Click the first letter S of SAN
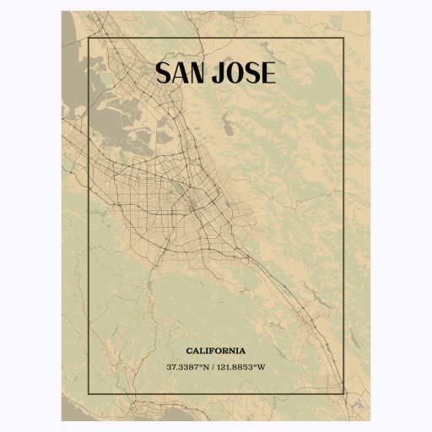[x=164, y=73]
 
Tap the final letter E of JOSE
[x=267, y=73]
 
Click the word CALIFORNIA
[x=216, y=350]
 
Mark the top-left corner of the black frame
[x=89, y=38]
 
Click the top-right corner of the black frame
[x=343, y=38]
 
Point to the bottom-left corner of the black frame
[x=89, y=394]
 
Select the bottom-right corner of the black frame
[x=343, y=394]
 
